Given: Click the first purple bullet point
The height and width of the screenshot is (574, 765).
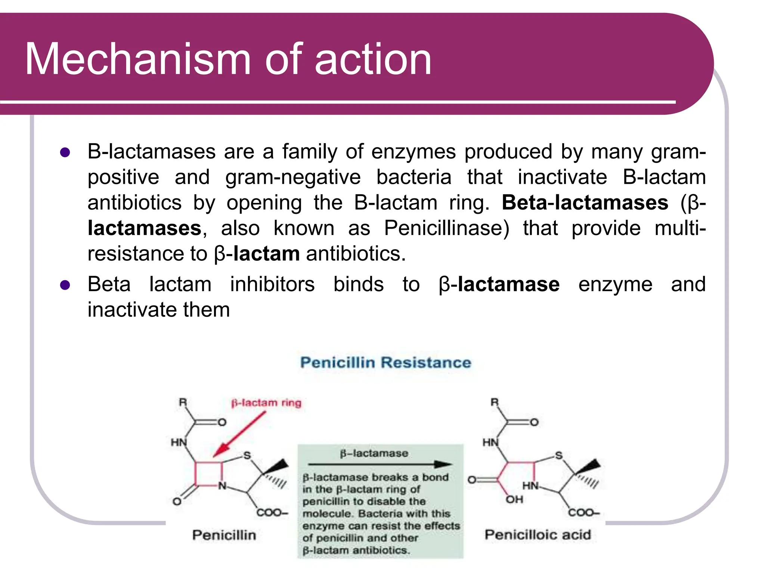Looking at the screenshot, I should point(65,152).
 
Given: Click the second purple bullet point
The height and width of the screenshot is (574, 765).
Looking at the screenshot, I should point(65,285).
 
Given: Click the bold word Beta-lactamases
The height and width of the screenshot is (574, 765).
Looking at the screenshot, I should point(585,203).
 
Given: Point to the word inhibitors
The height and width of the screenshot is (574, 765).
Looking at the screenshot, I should point(272,284).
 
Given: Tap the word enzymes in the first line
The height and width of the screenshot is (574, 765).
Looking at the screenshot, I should point(414,152).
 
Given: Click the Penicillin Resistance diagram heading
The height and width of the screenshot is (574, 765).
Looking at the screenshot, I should point(385,362).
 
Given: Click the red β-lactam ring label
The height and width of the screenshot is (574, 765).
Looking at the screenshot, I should point(266,403).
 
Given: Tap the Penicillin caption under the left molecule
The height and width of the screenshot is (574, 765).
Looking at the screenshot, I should point(224,535).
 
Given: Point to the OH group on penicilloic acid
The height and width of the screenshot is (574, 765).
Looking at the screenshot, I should point(514,499).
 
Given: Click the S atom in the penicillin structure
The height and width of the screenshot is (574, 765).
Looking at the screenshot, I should point(247,455).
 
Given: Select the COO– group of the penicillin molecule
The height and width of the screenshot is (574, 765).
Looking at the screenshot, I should point(272,513).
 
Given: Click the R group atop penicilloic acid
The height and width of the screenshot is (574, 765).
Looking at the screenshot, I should point(495,402).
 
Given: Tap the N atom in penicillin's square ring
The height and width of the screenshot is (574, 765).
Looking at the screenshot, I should point(222,486).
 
